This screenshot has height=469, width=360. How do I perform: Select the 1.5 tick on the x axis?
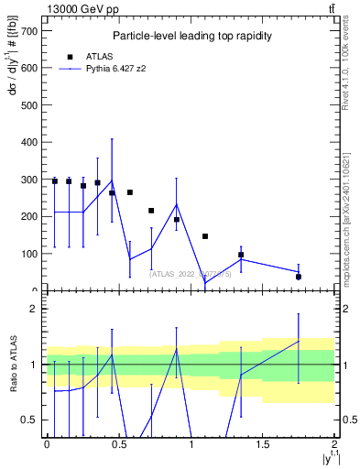point(263,444)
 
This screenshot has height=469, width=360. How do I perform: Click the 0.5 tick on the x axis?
point(119,444)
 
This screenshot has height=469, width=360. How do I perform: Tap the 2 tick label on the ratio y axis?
point(35,309)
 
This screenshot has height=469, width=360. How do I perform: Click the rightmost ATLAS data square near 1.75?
point(299,277)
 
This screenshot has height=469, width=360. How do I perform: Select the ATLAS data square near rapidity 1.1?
point(205,236)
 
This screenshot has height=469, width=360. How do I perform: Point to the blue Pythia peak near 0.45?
point(112,180)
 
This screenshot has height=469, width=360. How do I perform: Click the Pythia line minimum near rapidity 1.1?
point(205,282)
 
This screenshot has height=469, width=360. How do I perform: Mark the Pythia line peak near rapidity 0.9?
point(177,203)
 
